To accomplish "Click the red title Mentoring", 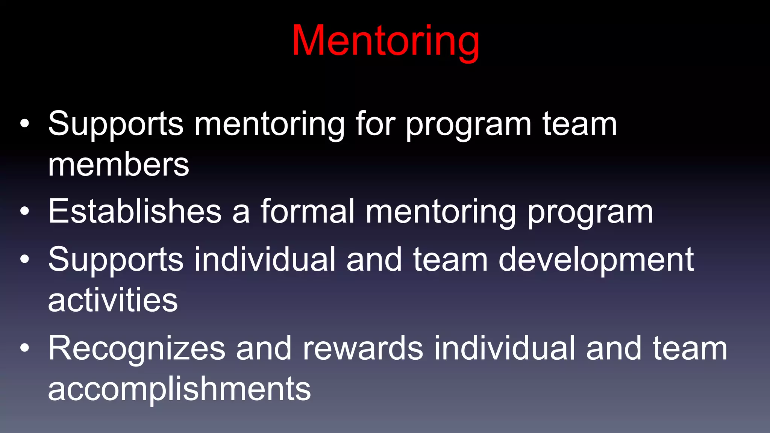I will (385, 41).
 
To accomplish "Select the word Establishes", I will (135, 211).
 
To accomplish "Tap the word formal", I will (308, 211).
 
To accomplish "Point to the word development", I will (596, 260).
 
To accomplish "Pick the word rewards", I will (363, 348).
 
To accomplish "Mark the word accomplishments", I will (179, 389).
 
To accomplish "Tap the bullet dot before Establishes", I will (24, 211).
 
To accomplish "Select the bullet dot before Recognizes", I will (24, 348).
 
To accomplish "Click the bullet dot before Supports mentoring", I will (24, 124).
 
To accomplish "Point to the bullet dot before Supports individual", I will (24, 259).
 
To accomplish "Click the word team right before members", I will (579, 124).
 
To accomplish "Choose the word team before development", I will (450, 260).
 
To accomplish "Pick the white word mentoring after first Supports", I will (269, 125).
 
